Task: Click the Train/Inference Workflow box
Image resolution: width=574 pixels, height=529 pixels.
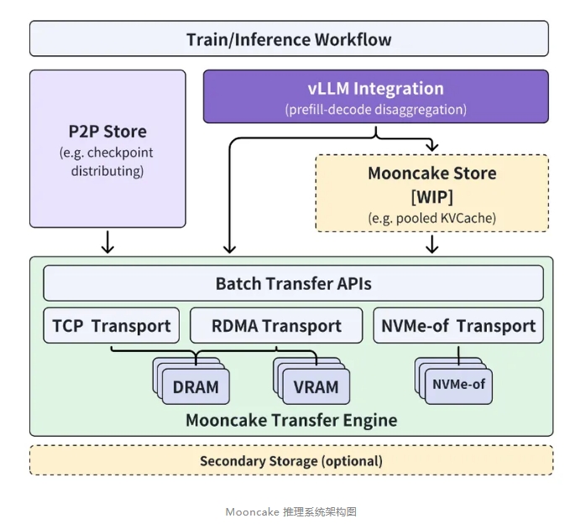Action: pyautogui.click(x=289, y=39)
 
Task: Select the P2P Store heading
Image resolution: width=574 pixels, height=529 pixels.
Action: pyautogui.click(x=107, y=132)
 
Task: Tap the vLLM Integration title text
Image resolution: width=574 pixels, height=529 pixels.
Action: pyautogui.click(x=375, y=89)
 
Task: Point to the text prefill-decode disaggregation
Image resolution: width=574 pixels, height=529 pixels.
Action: pyautogui.click(x=375, y=109)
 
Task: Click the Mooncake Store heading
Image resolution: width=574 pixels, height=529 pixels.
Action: pyautogui.click(x=432, y=174)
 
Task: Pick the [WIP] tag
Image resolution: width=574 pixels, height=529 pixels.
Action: pyautogui.click(x=432, y=196)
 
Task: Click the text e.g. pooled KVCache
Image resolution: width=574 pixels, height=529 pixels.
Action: pyautogui.click(x=432, y=217)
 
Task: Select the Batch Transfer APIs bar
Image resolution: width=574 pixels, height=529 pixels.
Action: pyautogui.click(x=293, y=284)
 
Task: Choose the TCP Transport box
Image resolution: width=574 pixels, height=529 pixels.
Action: pyautogui.click(x=112, y=326)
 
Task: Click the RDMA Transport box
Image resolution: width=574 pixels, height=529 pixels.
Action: pyautogui.click(x=278, y=326)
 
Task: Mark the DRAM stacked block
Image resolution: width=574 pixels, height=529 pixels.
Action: pyautogui.click(x=196, y=387)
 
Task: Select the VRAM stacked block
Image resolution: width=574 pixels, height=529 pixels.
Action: pyautogui.click(x=316, y=387)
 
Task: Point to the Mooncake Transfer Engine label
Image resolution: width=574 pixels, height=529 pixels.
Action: pyautogui.click(x=291, y=419)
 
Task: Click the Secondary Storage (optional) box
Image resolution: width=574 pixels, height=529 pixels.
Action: pyautogui.click(x=291, y=460)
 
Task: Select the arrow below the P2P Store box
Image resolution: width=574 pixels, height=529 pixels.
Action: pyautogui.click(x=107, y=242)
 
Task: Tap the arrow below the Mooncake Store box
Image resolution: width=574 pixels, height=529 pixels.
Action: pyautogui.click(x=432, y=244)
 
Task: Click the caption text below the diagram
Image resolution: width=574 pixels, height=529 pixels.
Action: pyautogui.click(x=290, y=511)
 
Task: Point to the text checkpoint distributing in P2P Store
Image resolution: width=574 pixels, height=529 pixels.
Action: pyautogui.click(x=107, y=163)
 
